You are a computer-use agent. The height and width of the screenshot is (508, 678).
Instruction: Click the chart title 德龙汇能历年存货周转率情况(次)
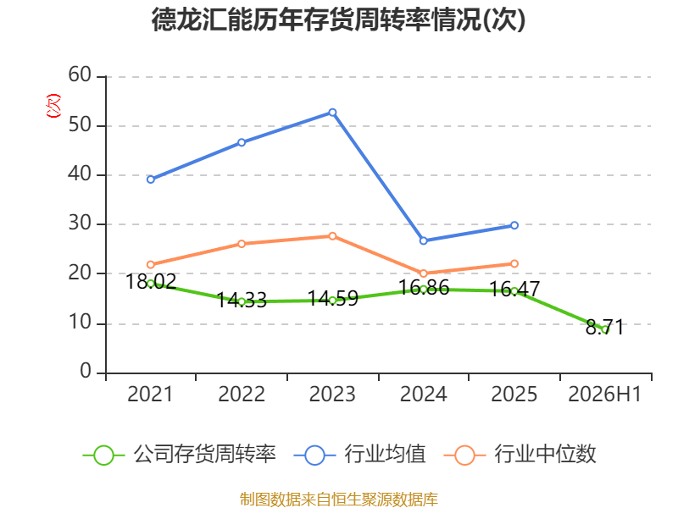tap(338, 19)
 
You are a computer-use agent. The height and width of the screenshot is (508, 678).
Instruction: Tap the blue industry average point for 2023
tap(332, 113)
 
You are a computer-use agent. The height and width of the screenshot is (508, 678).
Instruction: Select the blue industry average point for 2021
tap(151, 179)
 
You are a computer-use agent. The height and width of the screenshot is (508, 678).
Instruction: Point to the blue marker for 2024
tap(423, 240)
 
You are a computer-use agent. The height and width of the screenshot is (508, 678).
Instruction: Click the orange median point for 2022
tap(242, 244)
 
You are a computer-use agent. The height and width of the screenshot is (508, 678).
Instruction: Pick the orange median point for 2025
tap(514, 263)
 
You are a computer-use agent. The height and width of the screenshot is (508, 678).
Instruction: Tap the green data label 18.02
tap(151, 282)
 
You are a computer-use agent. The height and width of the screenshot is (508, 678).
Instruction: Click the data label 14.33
tap(242, 301)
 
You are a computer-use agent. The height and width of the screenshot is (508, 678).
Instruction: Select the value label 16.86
tap(424, 288)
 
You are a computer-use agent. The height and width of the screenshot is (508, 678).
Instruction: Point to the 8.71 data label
tap(604, 327)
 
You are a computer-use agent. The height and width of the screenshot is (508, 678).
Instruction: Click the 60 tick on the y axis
tap(80, 75)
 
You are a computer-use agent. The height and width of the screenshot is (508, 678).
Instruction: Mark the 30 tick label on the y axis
tap(80, 223)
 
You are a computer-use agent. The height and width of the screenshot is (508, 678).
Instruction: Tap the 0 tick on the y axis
tap(86, 371)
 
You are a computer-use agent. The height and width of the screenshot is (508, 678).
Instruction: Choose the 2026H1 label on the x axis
tap(604, 394)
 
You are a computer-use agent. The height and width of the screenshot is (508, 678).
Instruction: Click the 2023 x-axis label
tap(332, 394)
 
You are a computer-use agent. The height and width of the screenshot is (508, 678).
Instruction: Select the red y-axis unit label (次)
tap(53, 106)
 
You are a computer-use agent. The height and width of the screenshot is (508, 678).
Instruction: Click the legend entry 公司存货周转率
tap(179, 455)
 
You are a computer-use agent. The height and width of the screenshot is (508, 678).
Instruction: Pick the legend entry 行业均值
tap(359, 455)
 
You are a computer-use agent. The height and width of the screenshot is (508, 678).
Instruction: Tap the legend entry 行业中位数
tap(520, 455)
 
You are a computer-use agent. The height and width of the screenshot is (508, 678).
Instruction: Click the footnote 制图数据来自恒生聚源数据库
tap(339, 500)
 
